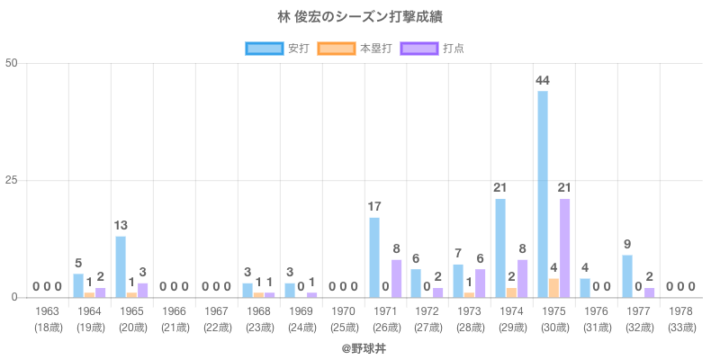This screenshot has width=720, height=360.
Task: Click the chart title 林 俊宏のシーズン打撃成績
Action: click(x=360, y=17)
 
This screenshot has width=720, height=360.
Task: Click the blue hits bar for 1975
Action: click(x=543, y=193)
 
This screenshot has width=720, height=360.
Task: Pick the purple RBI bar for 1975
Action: click(x=564, y=247)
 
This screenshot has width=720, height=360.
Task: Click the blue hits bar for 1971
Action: click(x=373, y=257)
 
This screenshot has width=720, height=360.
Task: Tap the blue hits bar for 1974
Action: click(x=500, y=247)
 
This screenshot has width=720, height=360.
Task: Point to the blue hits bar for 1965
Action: click(x=121, y=266)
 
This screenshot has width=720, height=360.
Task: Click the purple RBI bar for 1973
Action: click(x=479, y=283)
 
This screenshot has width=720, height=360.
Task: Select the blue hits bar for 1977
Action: click(x=627, y=276)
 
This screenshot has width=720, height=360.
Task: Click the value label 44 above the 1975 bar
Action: click(x=543, y=81)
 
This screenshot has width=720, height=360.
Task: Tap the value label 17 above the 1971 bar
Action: click(x=373, y=207)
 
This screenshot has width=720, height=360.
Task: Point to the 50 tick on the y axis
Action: click(x=12, y=63)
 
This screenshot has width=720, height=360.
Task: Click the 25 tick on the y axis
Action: click(x=12, y=180)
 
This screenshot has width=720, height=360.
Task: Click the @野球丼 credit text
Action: click(x=360, y=346)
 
